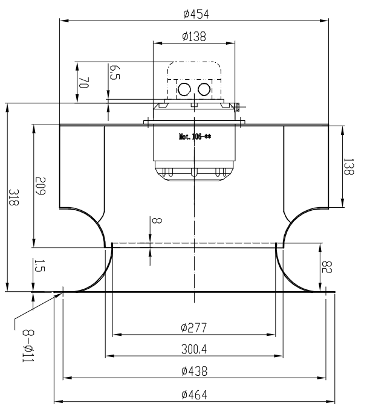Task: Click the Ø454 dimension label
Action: pyautogui.click(x=196, y=14)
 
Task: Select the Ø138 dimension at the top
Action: pyautogui.click(x=194, y=36)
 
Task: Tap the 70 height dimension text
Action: pyautogui.click(x=84, y=83)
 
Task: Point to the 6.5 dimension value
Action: pyautogui.click(x=115, y=72)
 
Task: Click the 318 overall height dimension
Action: pyautogui.click(x=13, y=197)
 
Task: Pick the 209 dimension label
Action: pyautogui.click(x=41, y=186)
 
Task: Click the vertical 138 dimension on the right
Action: pyautogui.click(x=349, y=166)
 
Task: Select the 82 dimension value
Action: pyautogui.click(x=326, y=267)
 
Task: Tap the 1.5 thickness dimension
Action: pyautogui.click(x=40, y=265)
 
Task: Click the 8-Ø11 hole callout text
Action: pyautogui.click(x=28, y=346)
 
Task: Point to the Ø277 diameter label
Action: pyautogui.click(x=194, y=327)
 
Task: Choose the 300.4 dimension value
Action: pyautogui.click(x=194, y=349)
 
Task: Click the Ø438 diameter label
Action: pyautogui.click(x=194, y=371)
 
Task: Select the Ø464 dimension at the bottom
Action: pyautogui.click(x=194, y=394)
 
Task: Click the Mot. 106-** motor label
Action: pyautogui.click(x=195, y=137)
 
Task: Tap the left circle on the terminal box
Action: pyautogui.click(x=184, y=89)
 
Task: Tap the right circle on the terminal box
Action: pyautogui.click(x=204, y=89)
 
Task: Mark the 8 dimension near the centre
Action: pyautogui.click(x=157, y=220)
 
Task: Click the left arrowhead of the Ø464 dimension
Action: pyautogui.click(x=59, y=402)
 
